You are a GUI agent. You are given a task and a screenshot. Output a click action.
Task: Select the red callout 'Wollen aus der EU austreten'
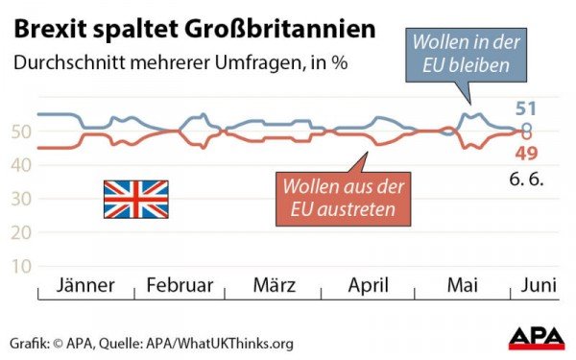click(x=341, y=197)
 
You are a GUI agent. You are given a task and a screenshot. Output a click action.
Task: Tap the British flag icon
click(x=135, y=200)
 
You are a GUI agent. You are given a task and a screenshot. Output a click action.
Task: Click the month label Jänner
click(x=86, y=285)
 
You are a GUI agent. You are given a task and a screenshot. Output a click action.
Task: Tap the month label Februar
click(x=180, y=285)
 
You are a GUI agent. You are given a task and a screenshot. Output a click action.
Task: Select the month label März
click(x=275, y=285)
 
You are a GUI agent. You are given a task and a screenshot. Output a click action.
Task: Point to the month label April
click(x=367, y=285)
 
